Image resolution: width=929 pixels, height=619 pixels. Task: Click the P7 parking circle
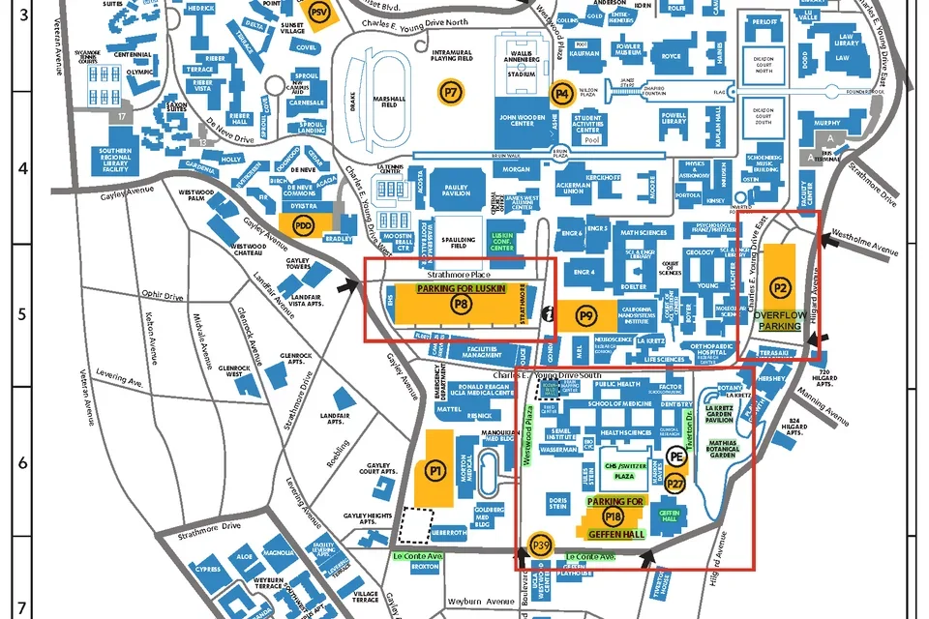point(451,92)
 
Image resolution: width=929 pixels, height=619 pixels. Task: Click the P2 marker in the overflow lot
point(780,287)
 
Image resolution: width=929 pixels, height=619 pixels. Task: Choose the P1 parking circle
point(435,470)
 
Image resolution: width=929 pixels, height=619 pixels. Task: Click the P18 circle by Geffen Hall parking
point(613,517)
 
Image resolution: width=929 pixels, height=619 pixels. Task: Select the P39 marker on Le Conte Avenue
point(542,547)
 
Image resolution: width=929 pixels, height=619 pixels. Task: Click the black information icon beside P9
point(550,312)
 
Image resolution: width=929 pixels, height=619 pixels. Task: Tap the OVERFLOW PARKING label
point(780,320)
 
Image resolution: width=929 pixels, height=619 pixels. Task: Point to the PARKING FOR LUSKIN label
point(462,288)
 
